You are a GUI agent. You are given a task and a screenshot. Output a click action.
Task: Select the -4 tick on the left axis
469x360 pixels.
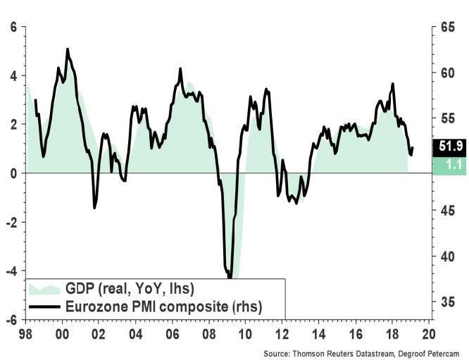[x=11, y=271]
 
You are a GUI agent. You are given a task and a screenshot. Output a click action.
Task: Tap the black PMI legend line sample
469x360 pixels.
[x=43, y=306]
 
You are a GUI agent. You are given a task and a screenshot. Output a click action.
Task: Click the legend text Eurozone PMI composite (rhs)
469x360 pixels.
[x=163, y=306]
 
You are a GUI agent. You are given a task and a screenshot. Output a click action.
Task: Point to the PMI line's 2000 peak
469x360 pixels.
[x=68, y=49]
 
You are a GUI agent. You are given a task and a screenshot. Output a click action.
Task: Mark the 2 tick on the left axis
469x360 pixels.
[x=13, y=125]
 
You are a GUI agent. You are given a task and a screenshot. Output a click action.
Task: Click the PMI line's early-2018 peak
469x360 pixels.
[x=392, y=84]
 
